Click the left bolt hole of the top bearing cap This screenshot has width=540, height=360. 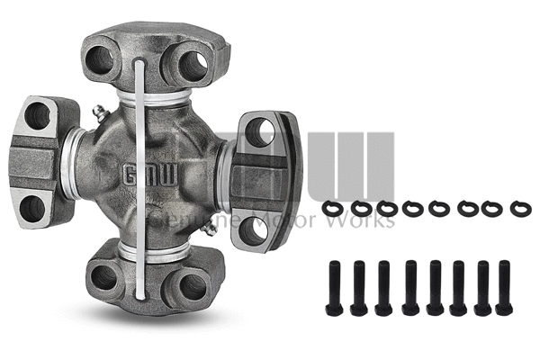coord(100,61)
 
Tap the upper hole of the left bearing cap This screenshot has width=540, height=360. coord(38,114)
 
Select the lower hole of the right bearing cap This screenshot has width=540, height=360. coord(255,229)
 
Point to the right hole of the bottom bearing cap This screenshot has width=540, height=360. coord(193,285)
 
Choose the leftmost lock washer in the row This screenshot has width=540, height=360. coord(333,208)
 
